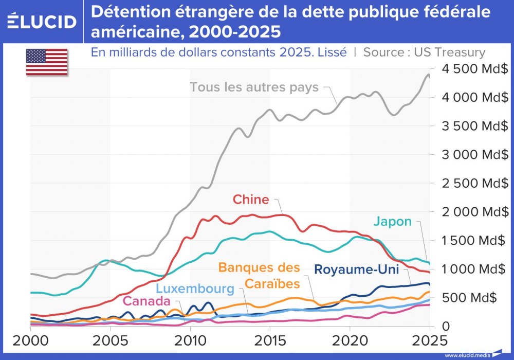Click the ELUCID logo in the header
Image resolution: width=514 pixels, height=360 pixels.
click(42, 21)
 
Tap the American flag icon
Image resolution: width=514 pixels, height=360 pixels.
click(47, 62)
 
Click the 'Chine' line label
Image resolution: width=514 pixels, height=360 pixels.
click(250, 200)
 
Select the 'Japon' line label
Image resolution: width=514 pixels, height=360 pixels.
click(392, 222)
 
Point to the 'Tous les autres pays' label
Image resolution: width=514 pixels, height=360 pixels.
click(254, 87)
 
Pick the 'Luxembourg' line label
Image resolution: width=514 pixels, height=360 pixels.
click(195, 289)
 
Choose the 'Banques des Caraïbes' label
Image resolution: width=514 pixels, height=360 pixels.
click(259, 276)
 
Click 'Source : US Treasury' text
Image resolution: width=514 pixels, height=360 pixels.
click(424, 52)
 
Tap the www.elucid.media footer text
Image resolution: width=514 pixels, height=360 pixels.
click(466, 355)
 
